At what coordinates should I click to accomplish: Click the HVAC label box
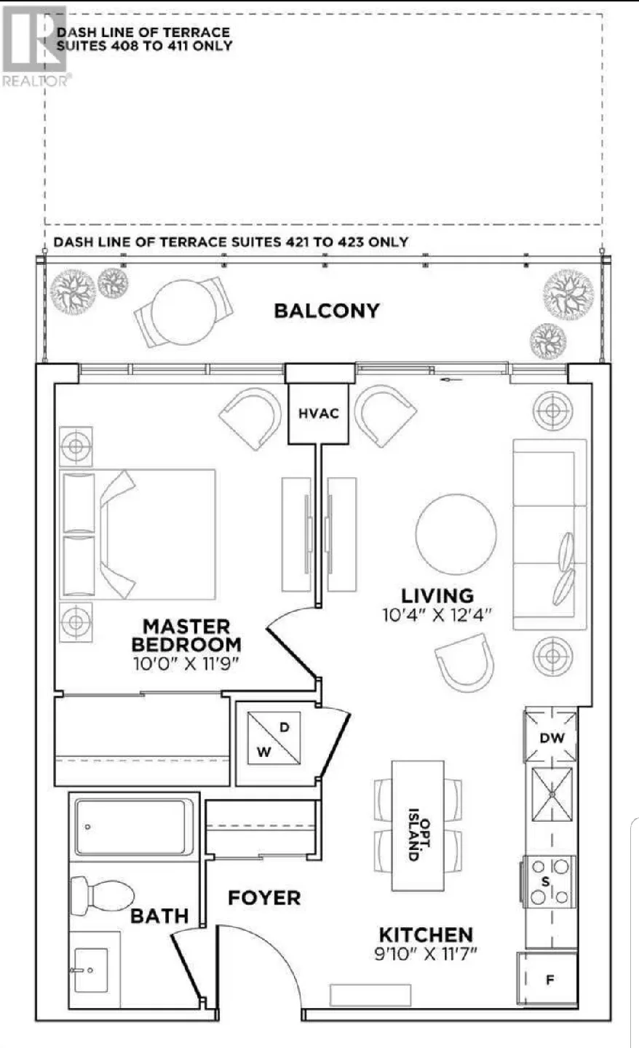click(319, 413)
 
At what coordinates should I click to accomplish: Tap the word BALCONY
click(327, 311)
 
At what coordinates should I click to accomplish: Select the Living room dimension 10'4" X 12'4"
click(437, 614)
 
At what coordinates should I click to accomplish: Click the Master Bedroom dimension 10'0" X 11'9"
click(186, 663)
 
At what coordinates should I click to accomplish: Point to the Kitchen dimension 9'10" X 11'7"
click(426, 954)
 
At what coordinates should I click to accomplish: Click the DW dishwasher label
click(551, 737)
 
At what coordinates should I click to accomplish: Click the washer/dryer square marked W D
click(274, 738)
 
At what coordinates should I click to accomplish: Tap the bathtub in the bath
click(135, 827)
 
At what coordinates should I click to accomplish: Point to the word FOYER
click(264, 897)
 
